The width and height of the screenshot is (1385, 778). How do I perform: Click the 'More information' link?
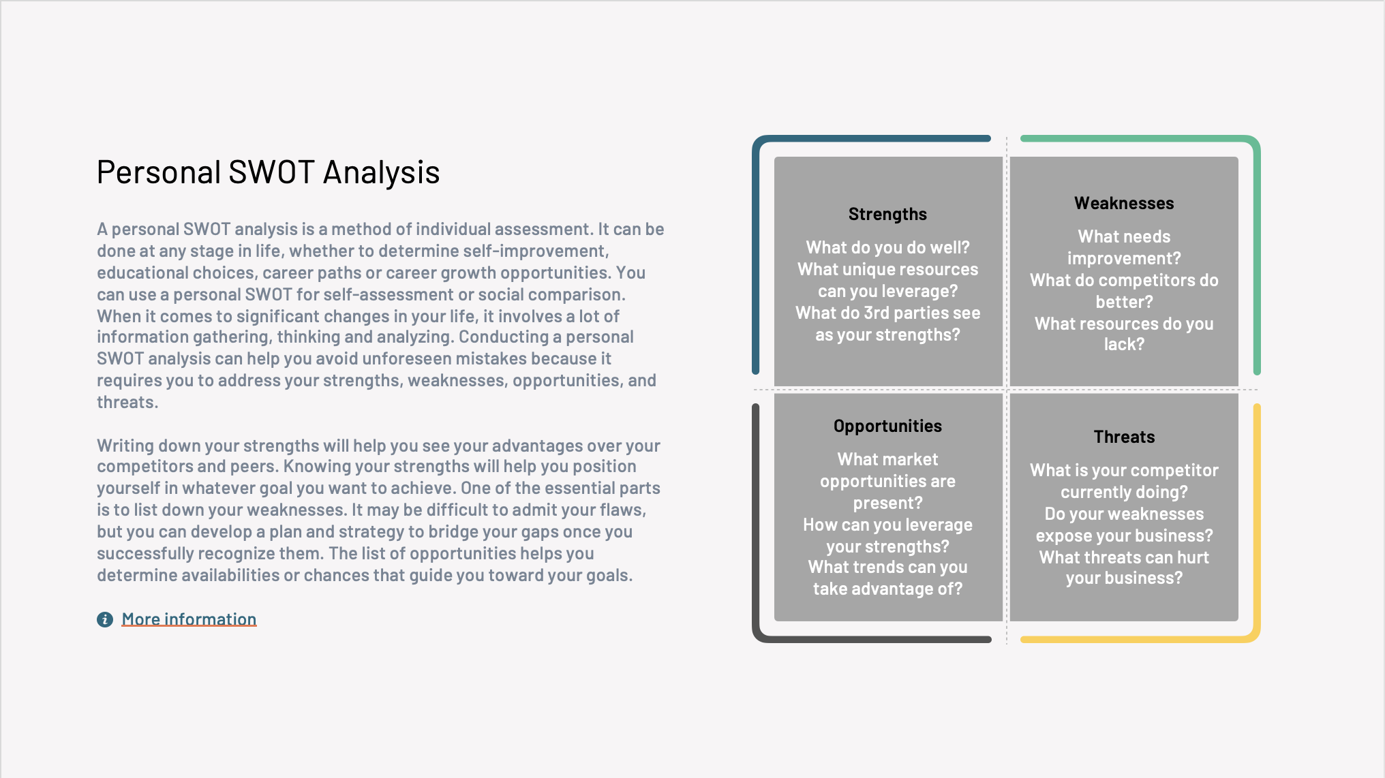[x=189, y=619]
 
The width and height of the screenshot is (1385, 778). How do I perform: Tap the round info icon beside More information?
[x=105, y=619]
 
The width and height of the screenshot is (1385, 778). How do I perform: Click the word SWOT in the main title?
[x=272, y=172]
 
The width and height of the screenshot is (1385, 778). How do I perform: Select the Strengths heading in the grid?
[x=887, y=215]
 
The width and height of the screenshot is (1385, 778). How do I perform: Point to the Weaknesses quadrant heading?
[x=1124, y=203]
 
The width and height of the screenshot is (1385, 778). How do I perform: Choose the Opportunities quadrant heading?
[x=887, y=426]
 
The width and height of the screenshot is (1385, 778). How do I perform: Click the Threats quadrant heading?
[x=1124, y=437]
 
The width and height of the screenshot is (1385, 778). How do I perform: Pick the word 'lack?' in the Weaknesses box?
[x=1124, y=344]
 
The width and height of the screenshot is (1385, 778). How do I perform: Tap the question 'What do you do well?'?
[x=887, y=247]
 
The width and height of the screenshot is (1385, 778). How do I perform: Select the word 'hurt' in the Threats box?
[x=1193, y=557]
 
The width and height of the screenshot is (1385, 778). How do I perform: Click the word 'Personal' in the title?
[x=159, y=172]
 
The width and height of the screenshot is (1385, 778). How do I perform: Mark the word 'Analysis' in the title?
[x=381, y=173]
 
